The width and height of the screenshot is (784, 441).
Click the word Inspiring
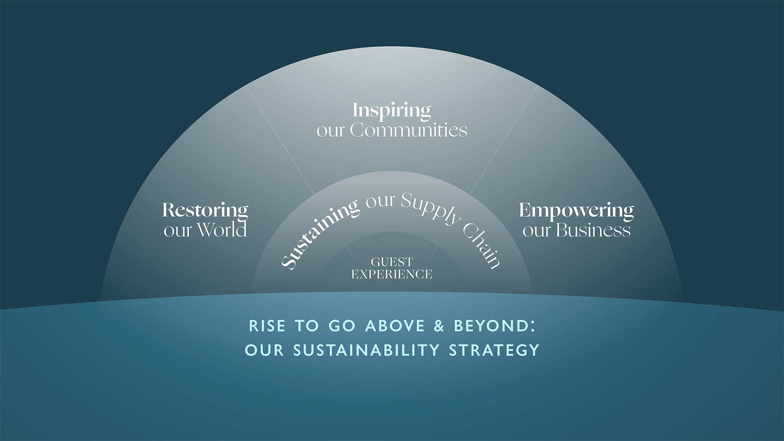(392, 111)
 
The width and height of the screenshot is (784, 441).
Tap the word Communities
(408, 130)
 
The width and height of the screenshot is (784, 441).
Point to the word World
(222, 230)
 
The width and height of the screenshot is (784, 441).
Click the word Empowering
(576, 212)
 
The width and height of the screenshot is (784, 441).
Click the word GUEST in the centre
(392, 262)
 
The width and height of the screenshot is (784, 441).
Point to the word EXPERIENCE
(392, 274)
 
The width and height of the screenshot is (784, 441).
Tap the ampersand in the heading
(439, 326)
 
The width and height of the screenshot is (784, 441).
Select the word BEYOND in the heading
(492, 326)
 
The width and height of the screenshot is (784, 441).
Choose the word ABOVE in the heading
(395, 326)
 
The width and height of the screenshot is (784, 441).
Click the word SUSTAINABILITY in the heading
(366, 350)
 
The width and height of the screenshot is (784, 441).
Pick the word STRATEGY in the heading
(494, 350)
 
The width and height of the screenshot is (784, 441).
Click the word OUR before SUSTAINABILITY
(264, 350)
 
